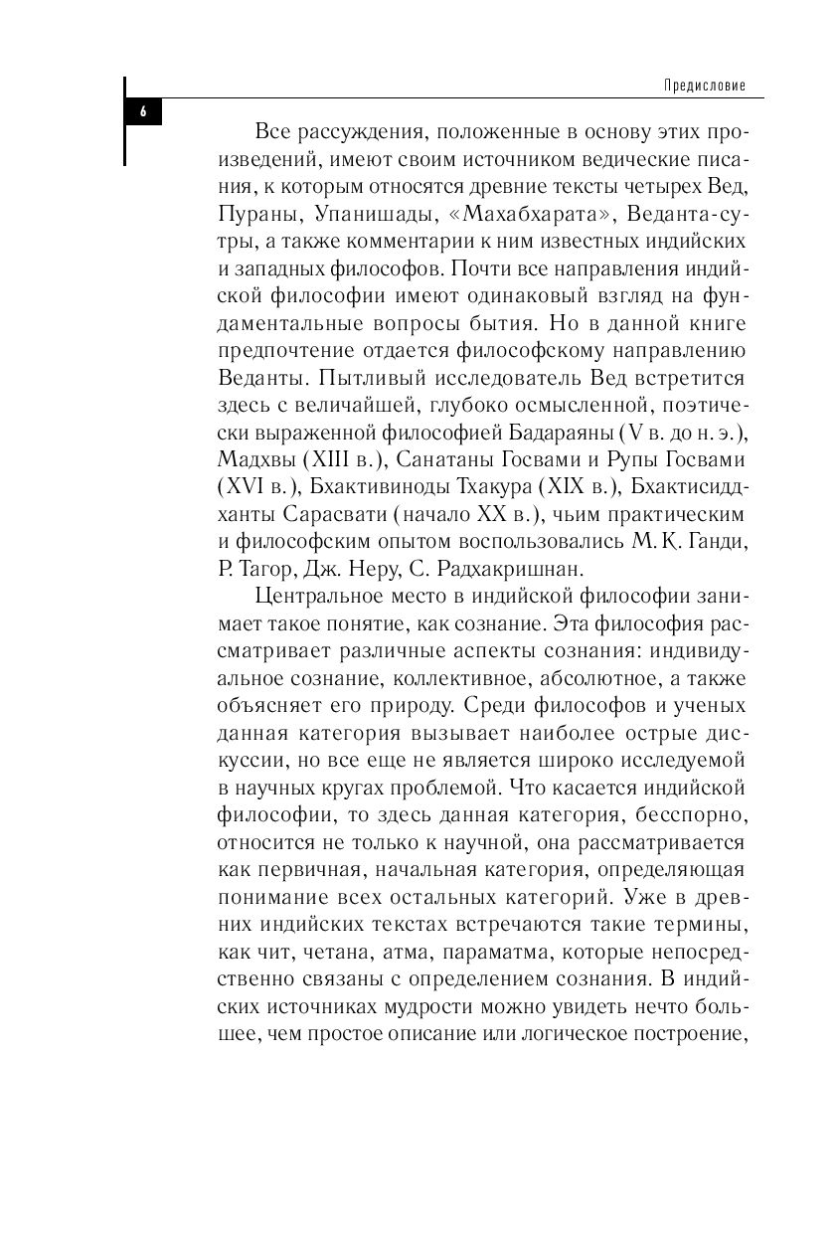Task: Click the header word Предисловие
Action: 705,86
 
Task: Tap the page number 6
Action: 142,112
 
